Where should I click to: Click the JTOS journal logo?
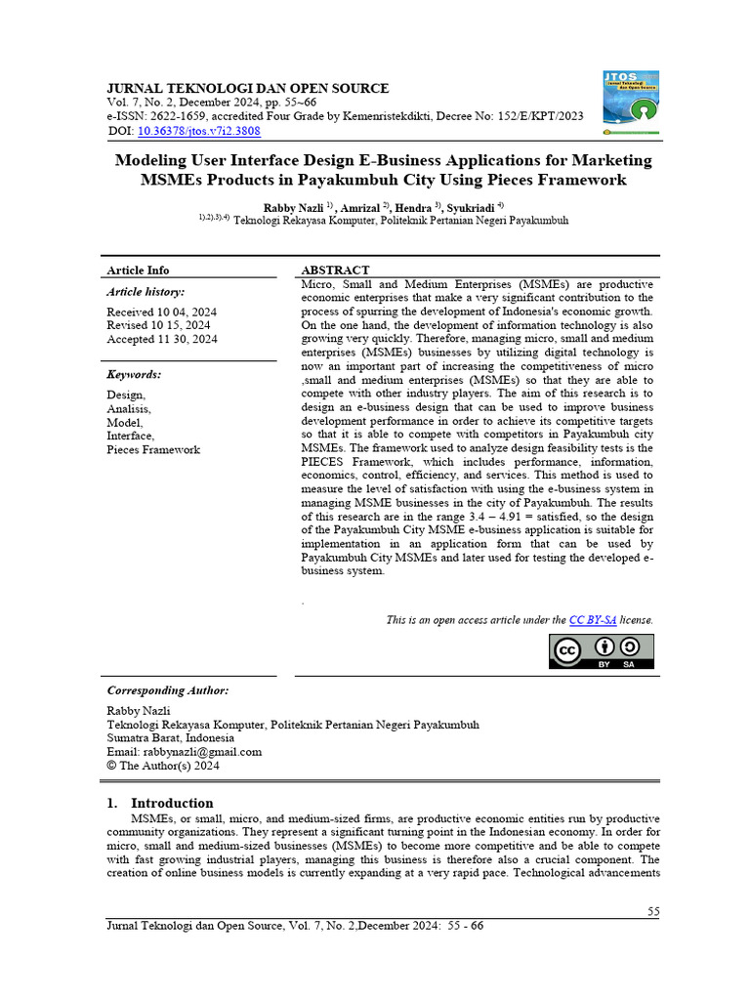[x=631, y=102]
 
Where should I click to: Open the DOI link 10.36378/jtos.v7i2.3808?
[x=198, y=130]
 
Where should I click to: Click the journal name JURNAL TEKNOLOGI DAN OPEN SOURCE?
[x=247, y=88]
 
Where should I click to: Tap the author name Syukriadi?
[x=471, y=207]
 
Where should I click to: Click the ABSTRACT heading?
[x=335, y=270]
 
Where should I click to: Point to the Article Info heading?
[x=138, y=270]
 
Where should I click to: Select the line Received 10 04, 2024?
[x=161, y=311]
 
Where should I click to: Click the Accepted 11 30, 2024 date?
[x=162, y=339]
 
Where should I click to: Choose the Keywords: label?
[x=134, y=374]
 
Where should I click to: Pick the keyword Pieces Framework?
[x=153, y=450]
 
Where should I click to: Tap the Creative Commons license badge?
[x=600, y=651]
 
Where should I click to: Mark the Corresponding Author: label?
[x=167, y=689]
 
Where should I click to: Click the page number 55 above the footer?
[x=653, y=911]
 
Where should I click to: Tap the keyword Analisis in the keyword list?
[x=129, y=408]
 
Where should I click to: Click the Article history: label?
[x=146, y=291]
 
